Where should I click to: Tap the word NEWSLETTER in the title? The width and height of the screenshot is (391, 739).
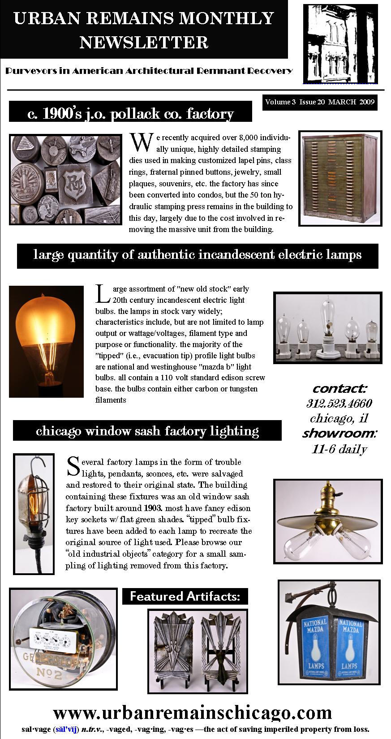[x=144, y=43]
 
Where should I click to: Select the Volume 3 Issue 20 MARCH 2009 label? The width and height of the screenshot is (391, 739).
[x=320, y=102]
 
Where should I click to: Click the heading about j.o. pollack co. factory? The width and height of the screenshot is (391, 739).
[x=130, y=114]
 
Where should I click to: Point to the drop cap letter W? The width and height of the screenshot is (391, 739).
[x=140, y=142]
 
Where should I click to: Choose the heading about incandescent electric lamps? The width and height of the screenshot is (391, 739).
[x=198, y=255]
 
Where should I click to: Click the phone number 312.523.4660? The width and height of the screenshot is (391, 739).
[x=339, y=403]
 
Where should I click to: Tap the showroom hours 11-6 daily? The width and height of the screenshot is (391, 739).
[x=339, y=449]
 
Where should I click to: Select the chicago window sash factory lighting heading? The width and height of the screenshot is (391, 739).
[x=147, y=431]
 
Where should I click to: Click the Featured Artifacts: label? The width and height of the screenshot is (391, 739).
[x=185, y=596]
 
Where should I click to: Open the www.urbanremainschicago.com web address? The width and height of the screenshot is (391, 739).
[x=193, y=712]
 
